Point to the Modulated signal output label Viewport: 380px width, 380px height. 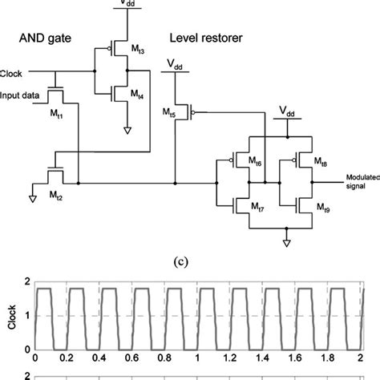point(363,182)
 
